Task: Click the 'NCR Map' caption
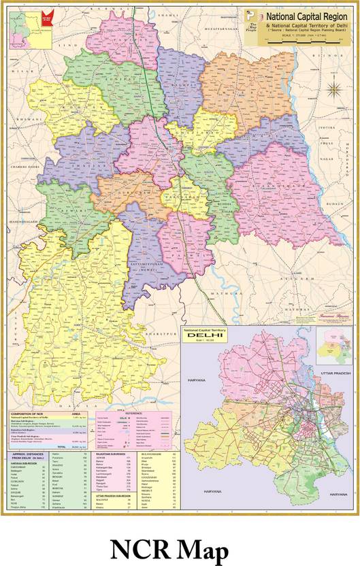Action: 180,548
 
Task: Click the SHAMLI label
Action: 167,14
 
